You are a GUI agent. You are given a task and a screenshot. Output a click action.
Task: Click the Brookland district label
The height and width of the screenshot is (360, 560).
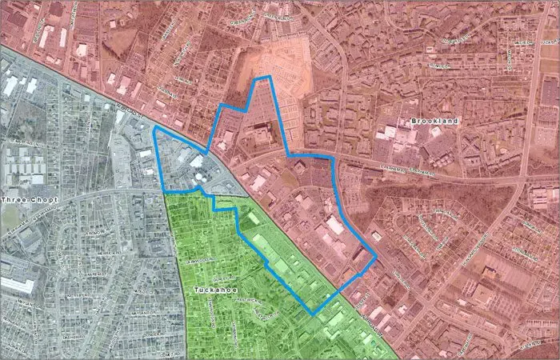click(x=433, y=121)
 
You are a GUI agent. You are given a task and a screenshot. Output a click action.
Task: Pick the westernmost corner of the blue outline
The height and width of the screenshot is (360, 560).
click(x=154, y=127)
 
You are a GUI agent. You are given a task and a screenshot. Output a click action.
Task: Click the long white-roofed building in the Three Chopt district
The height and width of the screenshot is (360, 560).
click(x=16, y=284)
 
